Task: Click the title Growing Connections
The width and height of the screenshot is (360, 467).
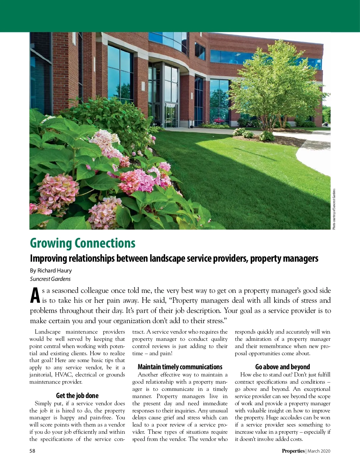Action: (x=82, y=243)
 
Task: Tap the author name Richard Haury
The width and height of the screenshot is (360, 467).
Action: (x=55, y=271)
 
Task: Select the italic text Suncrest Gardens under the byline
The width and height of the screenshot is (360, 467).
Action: (x=50, y=279)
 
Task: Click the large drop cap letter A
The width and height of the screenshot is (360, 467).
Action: (x=35, y=296)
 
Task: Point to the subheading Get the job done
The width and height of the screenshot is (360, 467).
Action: (x=77, y=396)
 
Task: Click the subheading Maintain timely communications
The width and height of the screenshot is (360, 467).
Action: (x=180, y=367)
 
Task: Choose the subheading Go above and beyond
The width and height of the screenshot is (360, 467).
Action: (x=282, y=367)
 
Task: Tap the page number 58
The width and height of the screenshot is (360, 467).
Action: (x=32, y=451)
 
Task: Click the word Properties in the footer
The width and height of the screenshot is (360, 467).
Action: (x=293, y=451)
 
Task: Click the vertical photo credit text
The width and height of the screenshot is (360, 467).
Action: (x=334, y=209)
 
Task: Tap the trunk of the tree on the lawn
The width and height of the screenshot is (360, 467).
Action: (x=266, y=126)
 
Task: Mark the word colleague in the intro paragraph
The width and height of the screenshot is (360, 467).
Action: (x=94, y=291)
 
